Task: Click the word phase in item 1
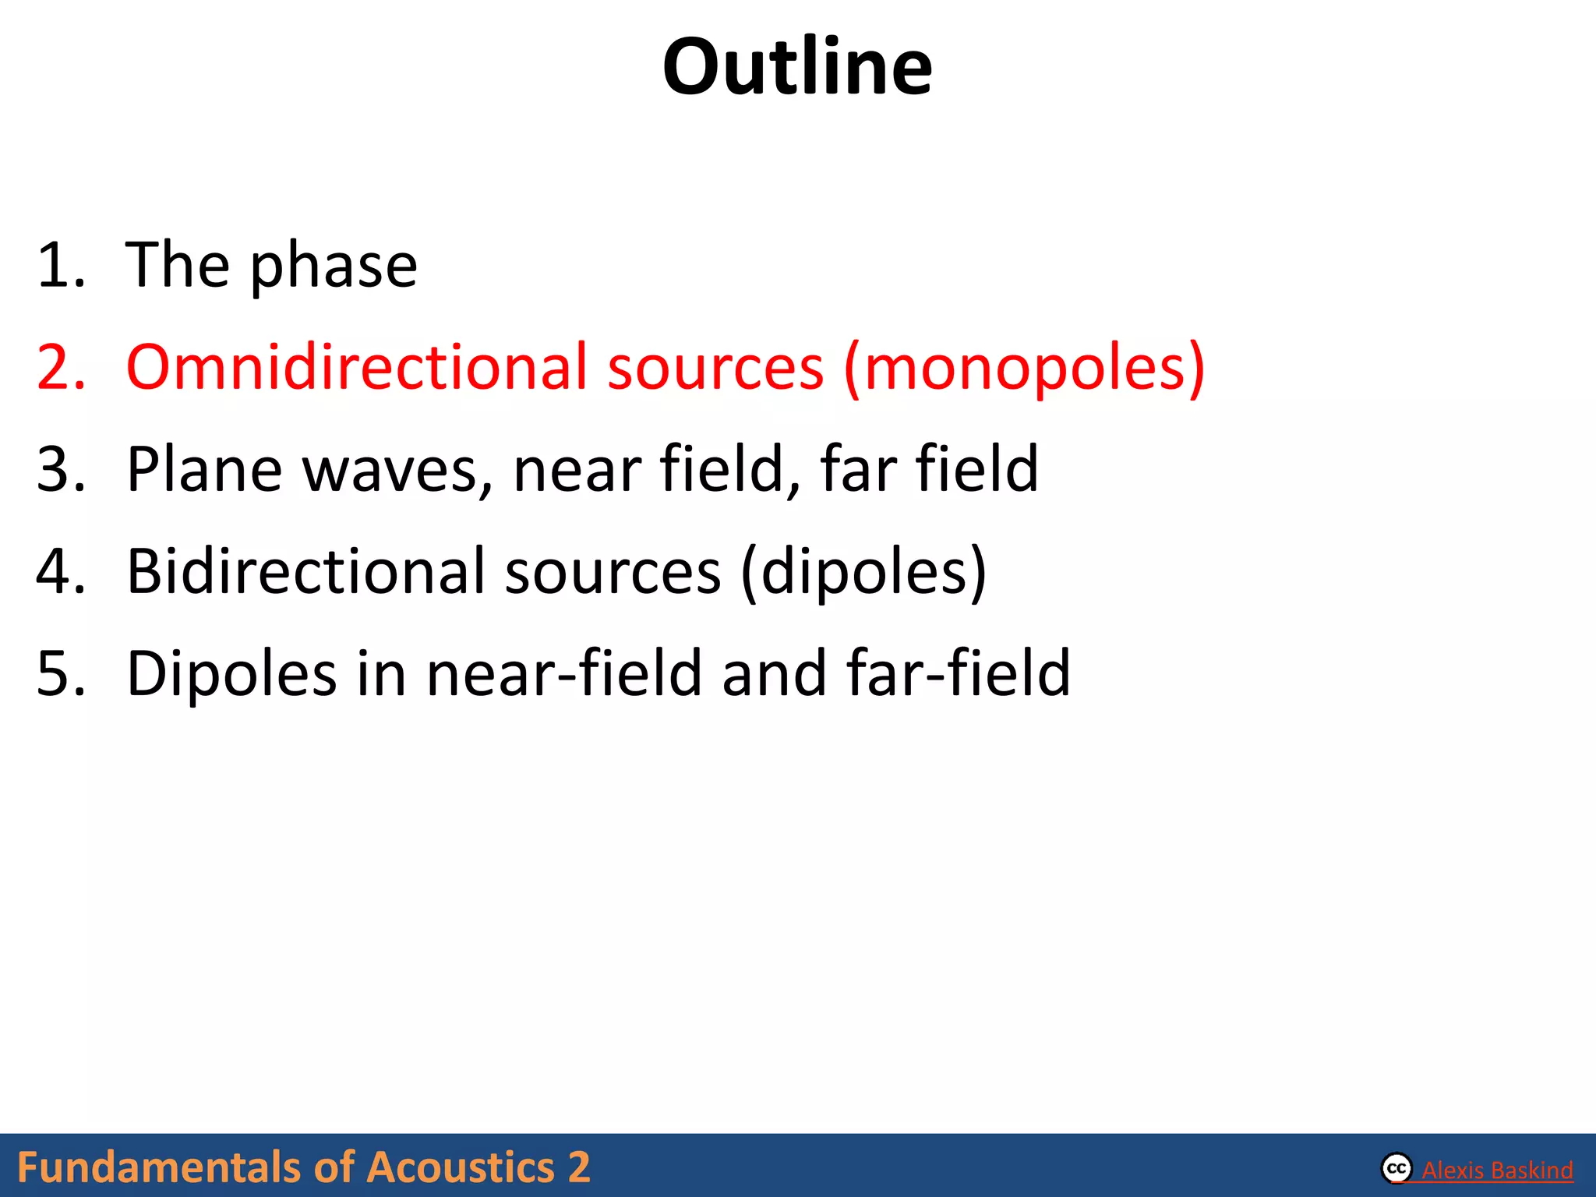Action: point(334,267)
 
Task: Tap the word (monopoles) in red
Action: point(1024,368)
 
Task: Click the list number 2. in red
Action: point(61,367)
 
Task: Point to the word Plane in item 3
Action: point(204,469)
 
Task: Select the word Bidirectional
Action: point(305,571)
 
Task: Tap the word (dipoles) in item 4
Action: point(863,573)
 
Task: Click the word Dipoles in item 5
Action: point(231,674)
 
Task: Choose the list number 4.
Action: point(61,571)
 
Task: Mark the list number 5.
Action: point(61,673)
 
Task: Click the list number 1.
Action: point(61,266)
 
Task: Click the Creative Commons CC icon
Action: point(1396,1168)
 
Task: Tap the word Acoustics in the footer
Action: point(461,1167)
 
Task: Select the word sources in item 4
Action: point(613,573)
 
